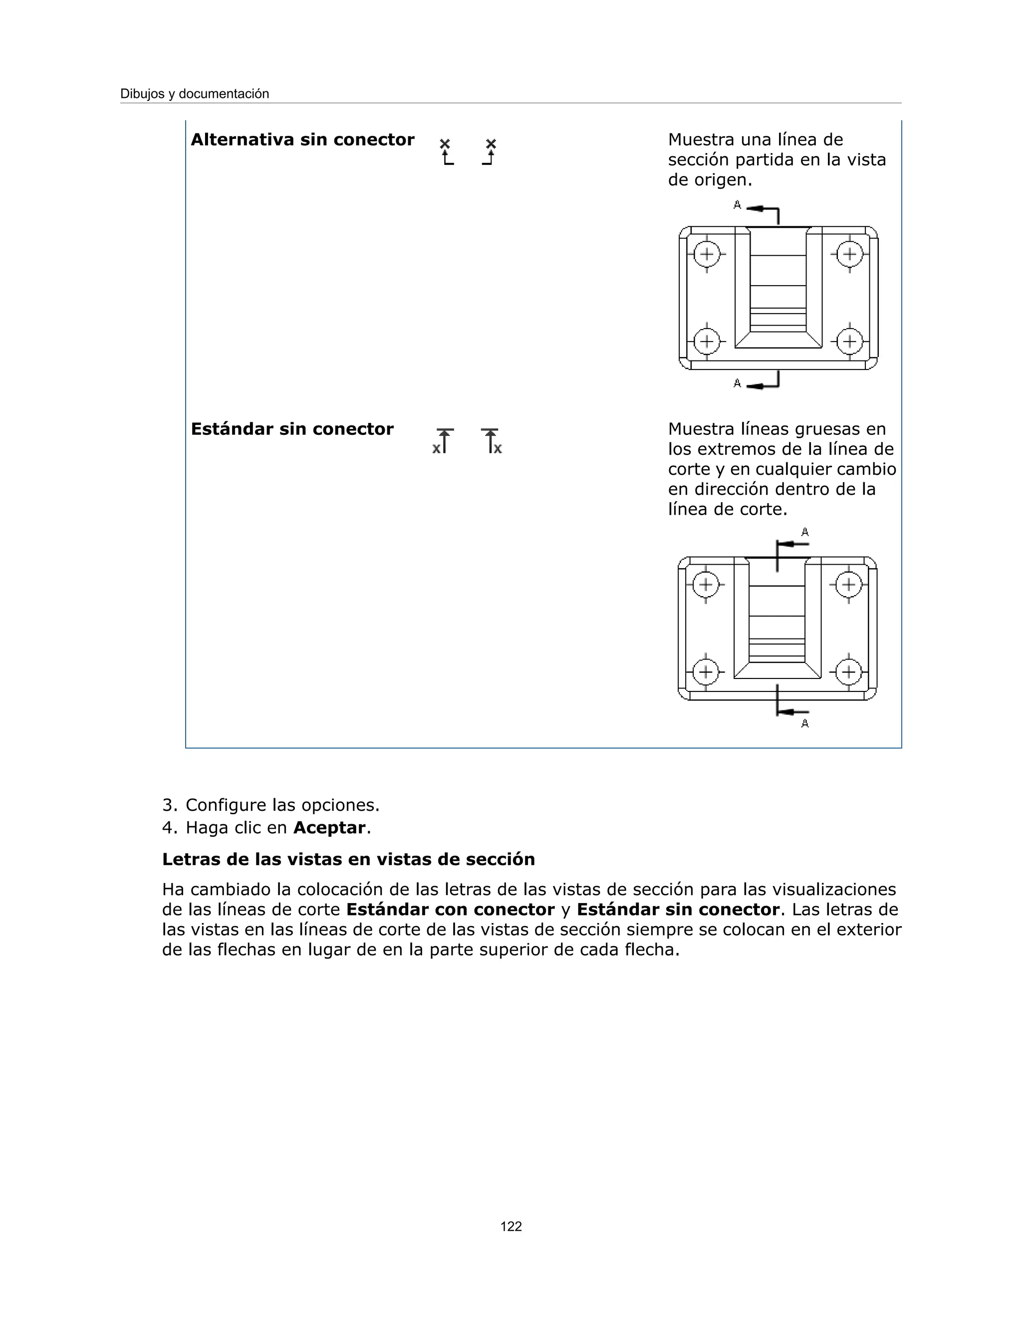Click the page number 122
tap(511, 1227)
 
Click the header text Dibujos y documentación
tap(194, 94)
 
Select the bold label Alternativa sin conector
tap(302, 139)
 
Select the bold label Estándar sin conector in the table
tap(292, 429)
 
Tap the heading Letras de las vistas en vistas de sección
tap(348, 859)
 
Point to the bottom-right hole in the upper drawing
tap(849, 341)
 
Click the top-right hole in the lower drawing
tap(848, 585)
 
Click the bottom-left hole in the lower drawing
tap(705, 672)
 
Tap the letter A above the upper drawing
tap(737, 205)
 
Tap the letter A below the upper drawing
tap(737, 383)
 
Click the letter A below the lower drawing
tap(804, 723)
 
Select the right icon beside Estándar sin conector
tap(492, 441)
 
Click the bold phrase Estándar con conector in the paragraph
tap(450, 909)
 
